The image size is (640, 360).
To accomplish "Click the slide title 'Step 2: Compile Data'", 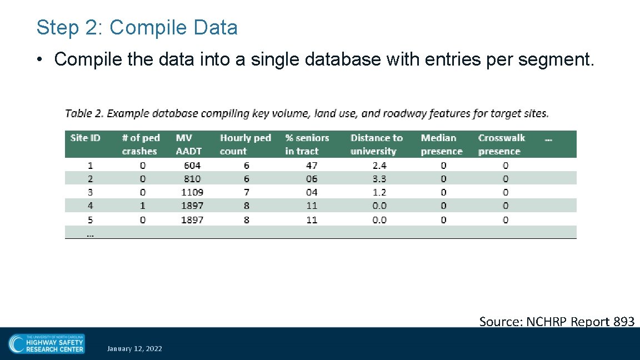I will (x=137, y=27).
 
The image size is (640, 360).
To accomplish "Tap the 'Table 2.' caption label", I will (x=84, y=113).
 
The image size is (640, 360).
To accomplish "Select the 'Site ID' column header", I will (x=86, y=138).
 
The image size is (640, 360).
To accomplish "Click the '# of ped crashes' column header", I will (x=141, y=144).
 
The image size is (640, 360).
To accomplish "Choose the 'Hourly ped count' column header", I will (x=245, y=144).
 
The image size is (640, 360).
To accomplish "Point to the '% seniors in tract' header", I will (x=307, y=144).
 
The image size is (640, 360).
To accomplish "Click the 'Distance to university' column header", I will (x=376, y=144).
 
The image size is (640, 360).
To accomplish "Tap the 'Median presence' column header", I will (x=441, y=144).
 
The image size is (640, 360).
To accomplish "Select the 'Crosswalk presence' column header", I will (x=501, y=144).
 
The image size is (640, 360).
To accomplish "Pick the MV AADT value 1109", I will (x=192, y=192).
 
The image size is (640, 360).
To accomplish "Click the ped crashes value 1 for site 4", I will (x=143, y=206).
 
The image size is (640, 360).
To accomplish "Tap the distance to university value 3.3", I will (x=379, y=179).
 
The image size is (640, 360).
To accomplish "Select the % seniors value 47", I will (x=312, y=165).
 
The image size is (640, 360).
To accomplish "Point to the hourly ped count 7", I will (x=247, y=192).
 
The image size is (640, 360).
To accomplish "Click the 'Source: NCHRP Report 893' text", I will (x=557, y=321).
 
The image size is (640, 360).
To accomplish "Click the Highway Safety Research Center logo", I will (x=47, y=343).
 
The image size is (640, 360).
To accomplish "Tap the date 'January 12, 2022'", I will (x=134, y=349).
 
